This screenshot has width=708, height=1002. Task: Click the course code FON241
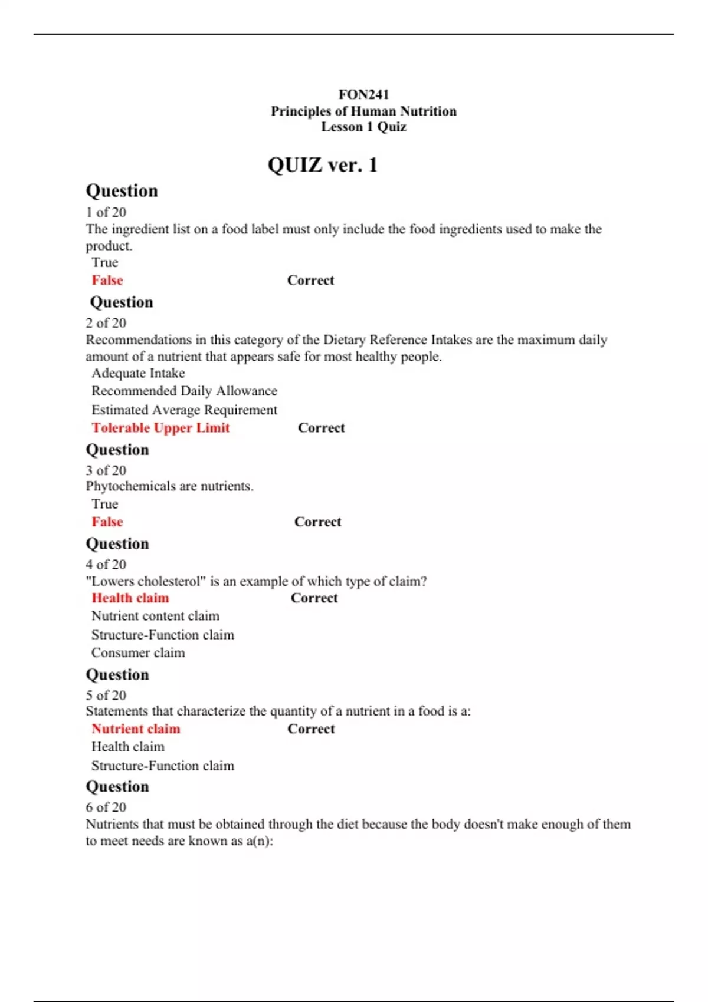pyautogui.click(x=363, y=94)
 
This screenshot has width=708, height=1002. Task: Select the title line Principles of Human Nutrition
pyautogui.click(x=363, y=111)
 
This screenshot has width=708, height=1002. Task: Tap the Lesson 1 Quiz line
pyautogui.click(x=363, y=127)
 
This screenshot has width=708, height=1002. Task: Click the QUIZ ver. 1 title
pyautogui.click(x=322, y=165)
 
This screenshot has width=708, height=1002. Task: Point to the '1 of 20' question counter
pyautogui.click(x=106, y=212)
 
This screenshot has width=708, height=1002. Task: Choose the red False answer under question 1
pyautogui.click(x=107, y=281)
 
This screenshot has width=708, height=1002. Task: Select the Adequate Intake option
pyautogui.click(x=138, y=373)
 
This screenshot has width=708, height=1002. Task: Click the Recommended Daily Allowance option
pyautogui.click(x=184, y=391)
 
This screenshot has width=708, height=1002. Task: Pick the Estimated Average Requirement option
pyautogui.click(x=184, y=410)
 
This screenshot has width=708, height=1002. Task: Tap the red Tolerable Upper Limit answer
pyautogui.click(x=160, y=428)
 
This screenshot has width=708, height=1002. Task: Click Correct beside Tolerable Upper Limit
pyautogui.click(x=321, y=428)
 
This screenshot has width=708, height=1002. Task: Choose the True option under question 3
pyautogui.click(x=104, y=504)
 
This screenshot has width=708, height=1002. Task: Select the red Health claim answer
pyautogui.click(x=130, y=598)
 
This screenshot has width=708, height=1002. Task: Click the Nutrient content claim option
pyautogui.click(x=155, y=616)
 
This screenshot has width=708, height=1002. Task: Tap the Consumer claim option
pyautogui.click(x=138, y=652)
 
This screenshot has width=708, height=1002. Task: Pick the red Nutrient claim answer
pyautogui.click(x=136, y=729)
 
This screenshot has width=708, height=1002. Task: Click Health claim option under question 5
pyautogui.click(x=128, y=747)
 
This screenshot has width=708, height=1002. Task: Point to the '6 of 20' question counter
pyautogui.click(x=106, y=807)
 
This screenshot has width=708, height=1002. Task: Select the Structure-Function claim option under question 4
pyautogui.click(x=163, y=635)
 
